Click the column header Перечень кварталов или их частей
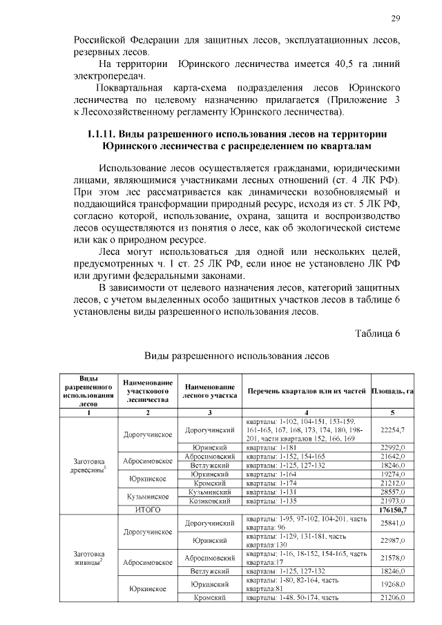coord(307,391)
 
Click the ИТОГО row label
coord(147,510)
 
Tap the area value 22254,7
coord(392,430)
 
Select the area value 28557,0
coord(392,491)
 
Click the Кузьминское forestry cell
coord(147,496)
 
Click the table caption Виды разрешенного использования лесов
coord(231,356)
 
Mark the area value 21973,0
coord(392,501)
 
